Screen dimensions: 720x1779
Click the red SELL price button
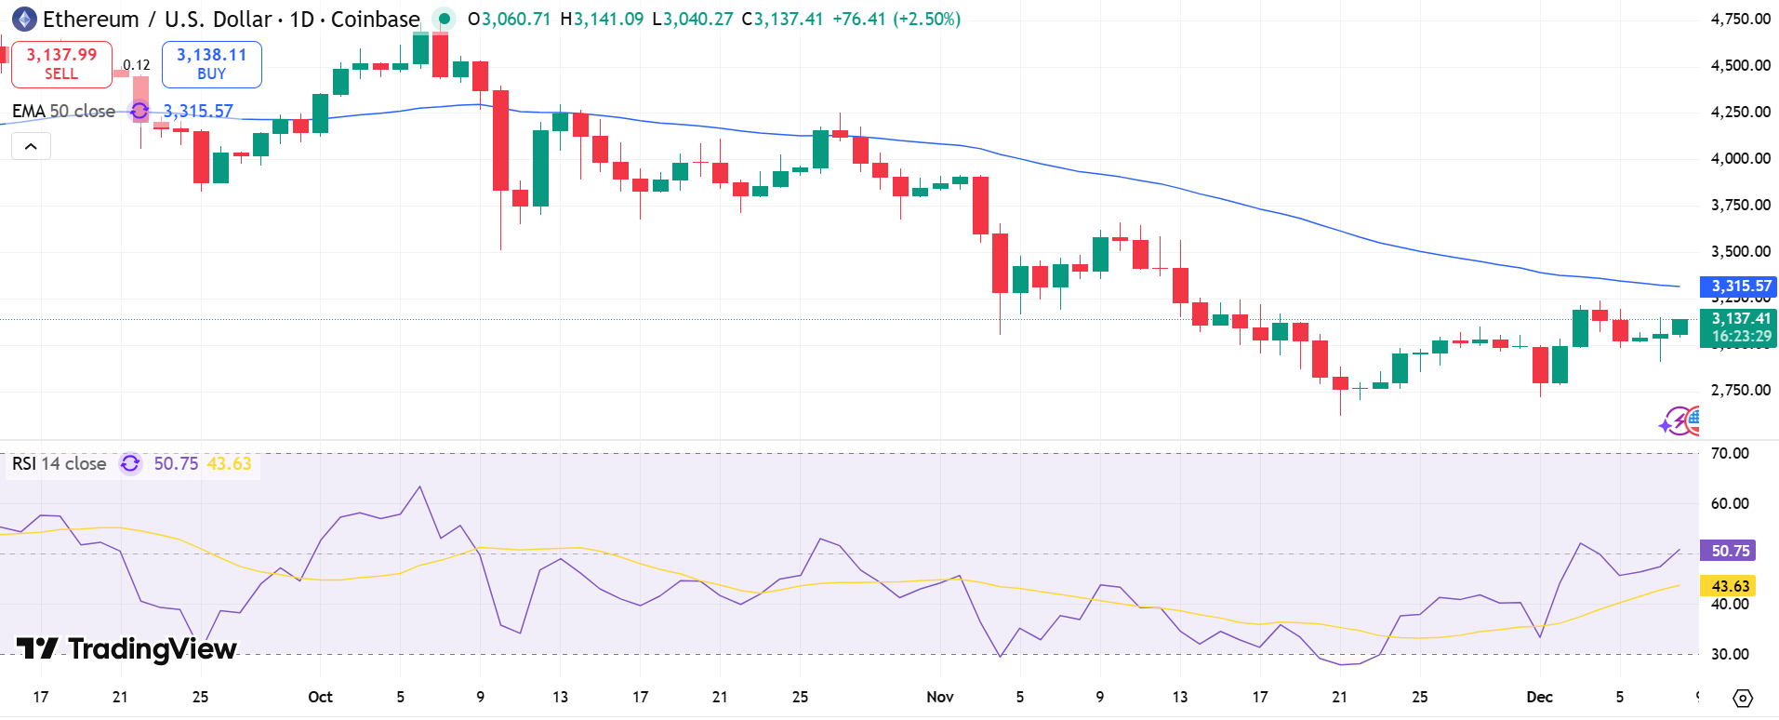[x=61, y=64]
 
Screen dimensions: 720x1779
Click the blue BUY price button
[x=211, y=64]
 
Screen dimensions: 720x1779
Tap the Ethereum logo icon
[x=24, y=19]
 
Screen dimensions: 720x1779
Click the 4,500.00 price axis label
[x=1740, y=65]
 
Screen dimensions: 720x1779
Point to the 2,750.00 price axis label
[x=1740, y=390]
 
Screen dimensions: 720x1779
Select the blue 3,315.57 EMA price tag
[x=1737, y=286]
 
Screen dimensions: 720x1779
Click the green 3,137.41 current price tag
[x=1737, y=319]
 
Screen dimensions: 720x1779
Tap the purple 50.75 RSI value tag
[x=1729, y=551]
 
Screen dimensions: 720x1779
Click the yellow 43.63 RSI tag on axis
[x=1729, y=586]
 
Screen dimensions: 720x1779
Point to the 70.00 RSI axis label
[x=1730, y=453]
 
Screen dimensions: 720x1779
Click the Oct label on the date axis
[x=320, y=697]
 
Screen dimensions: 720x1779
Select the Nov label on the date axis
[x=940, y=697]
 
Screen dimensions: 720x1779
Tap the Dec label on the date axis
[x=1539, y=697]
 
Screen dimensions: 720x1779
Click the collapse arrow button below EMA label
[x=31, y=146]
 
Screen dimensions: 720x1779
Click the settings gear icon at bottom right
[x=1743, y=698]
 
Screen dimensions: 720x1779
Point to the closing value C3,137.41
[x=782, y=19]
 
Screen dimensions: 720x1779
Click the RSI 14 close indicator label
[x=60, y=463]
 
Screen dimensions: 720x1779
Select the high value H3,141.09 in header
[x=602, y=19]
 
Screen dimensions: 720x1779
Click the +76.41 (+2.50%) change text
[x=896, y=19]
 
